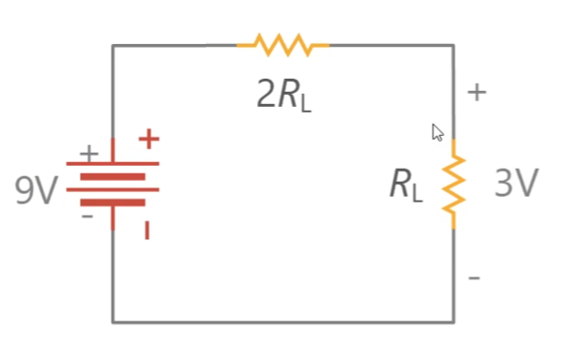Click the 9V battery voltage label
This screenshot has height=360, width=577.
(x=37, y=189)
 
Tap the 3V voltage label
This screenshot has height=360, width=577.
(x=517, y=183)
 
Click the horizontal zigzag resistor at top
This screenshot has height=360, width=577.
(x=283, y=45)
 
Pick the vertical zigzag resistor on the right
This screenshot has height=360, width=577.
(x=454, y=184)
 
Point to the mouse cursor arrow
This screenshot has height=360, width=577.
(x=438, y=132)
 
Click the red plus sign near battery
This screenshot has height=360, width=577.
(x=149, y=139)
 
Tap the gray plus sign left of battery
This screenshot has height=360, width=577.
(x=89, y=153)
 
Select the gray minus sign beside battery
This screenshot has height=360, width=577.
(x=87, y=217)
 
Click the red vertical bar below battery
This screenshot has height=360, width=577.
(x=147, y=231)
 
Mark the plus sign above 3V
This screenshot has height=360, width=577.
(x=477, y=92)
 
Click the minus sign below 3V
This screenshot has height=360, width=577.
(x=474, y=277)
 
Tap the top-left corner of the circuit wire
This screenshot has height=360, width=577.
(x=113, y=46)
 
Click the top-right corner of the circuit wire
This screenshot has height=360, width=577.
(x=454, y=46)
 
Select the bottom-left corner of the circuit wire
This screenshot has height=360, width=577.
(x=113, y=322)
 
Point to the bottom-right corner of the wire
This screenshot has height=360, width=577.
(x=454, y=322)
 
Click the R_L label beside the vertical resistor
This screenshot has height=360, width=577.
(x=406, y=185)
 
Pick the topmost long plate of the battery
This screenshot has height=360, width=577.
(x=113, y=164)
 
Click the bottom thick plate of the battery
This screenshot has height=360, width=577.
(x=113, y=202)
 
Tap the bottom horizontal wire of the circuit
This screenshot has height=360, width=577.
(x=283, y=322)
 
